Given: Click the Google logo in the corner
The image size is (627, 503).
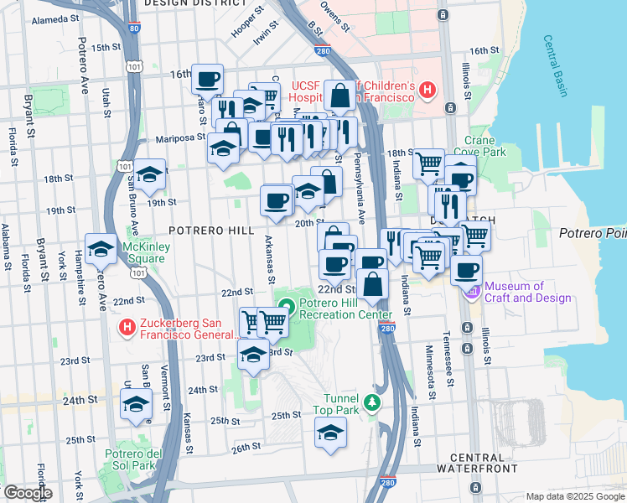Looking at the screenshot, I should pos(27,492).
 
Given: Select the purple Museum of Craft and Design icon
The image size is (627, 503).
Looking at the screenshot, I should pos(471,291).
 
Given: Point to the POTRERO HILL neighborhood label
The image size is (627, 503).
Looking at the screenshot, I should pos(206,229).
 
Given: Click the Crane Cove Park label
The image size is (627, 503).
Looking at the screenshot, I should pos(485,147).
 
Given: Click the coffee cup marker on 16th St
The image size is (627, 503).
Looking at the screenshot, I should pos(208,80).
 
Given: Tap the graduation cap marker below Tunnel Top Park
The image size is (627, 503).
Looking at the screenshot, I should pos(330,433).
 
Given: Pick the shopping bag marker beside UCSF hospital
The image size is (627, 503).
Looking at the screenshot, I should pos(340,96).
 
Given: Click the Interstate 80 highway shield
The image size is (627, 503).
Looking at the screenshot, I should pos(135,28).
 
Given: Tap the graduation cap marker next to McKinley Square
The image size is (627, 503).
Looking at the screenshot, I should pos(101,249).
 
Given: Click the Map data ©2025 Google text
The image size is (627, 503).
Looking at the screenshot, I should pos(574,496).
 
